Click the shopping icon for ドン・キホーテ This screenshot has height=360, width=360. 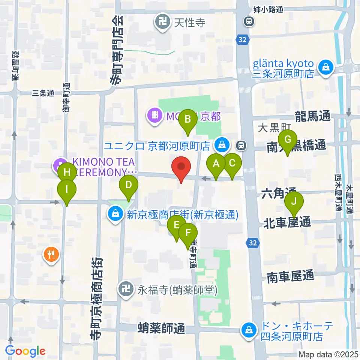pos(249,330)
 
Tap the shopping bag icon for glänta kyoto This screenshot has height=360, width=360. pos(324,68)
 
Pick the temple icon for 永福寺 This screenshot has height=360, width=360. pos(124,289)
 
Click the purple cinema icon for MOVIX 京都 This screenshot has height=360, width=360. pos(154,114)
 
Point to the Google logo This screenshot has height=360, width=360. pos(25,351)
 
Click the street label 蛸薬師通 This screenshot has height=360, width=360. pos(161,329)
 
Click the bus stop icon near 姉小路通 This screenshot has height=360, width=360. pos(249,22)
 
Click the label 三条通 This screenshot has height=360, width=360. pos(44,93)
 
